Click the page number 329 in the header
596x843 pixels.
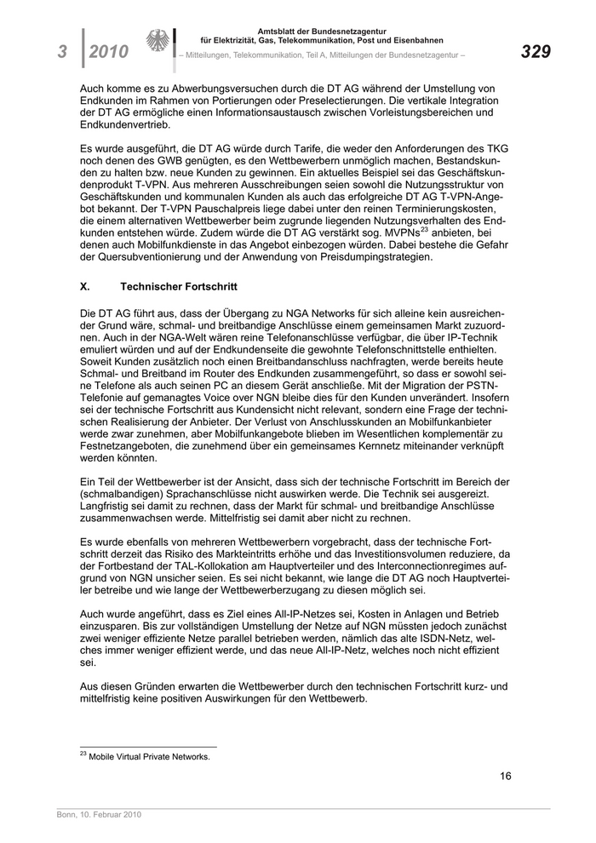click(x=536, y=52)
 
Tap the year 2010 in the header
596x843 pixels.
click(x=108, y=53)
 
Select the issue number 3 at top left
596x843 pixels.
click(x=63, y=53)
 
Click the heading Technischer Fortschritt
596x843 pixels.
click(x=180, y=288)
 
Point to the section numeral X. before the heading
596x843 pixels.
click(x=84, y=288)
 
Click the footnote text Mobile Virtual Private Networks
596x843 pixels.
click(x=150, y=755)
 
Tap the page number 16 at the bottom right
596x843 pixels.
click(x=505, y=776)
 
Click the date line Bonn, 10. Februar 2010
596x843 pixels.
click(x=93, y=815)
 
